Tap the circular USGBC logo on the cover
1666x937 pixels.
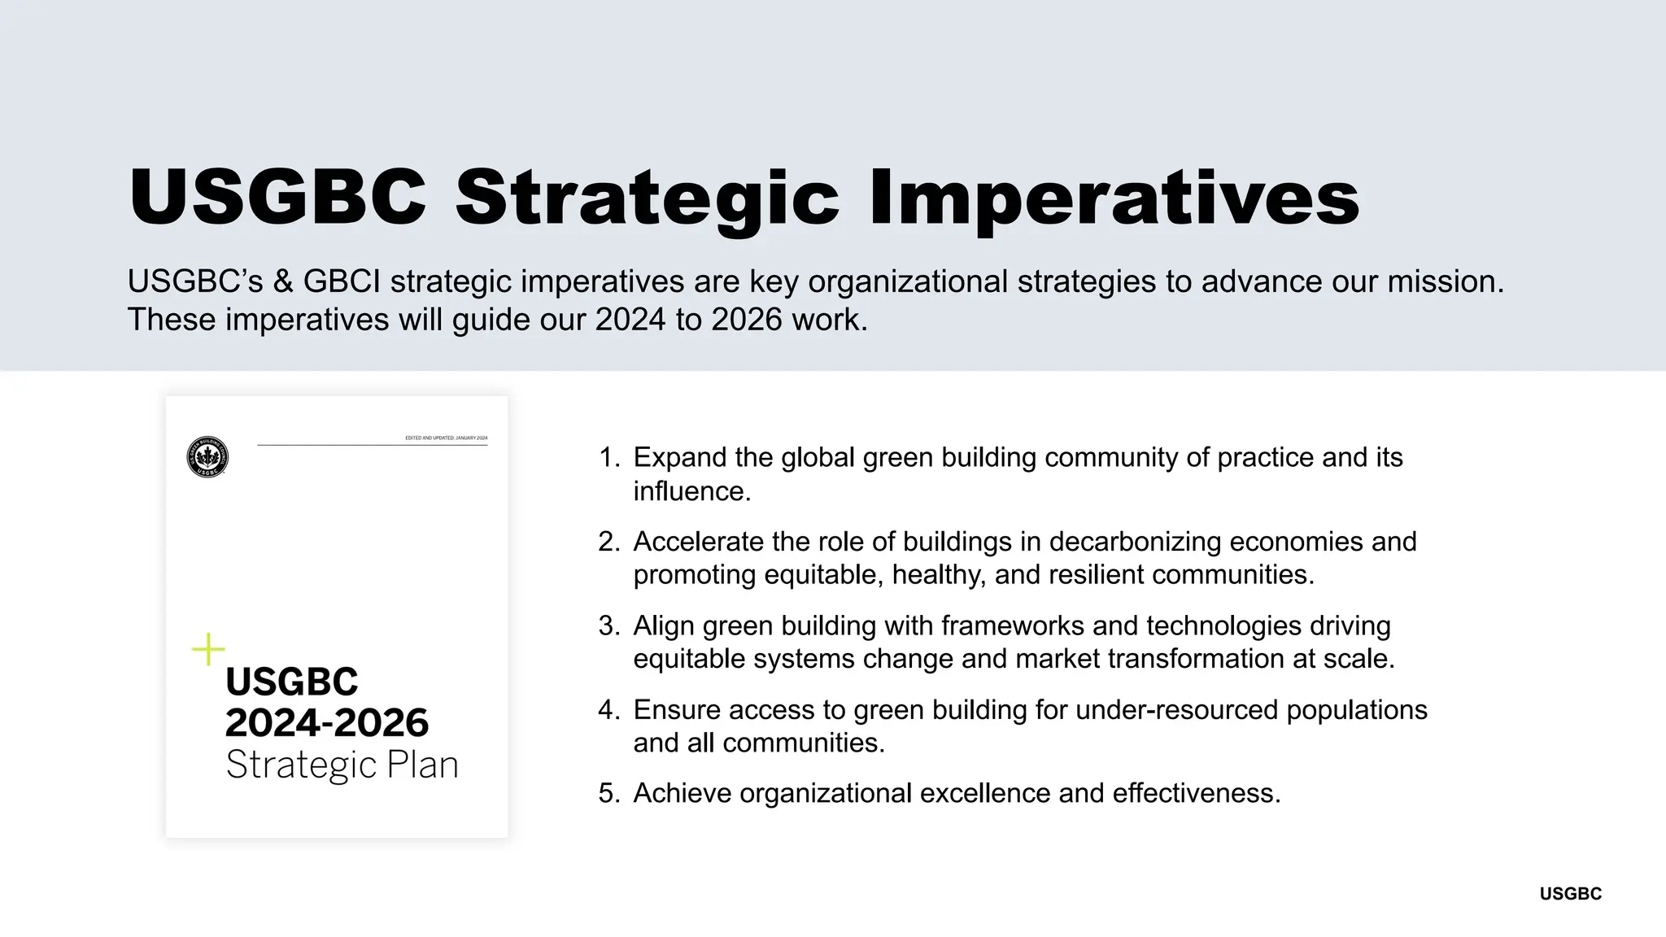[x=207, y=457]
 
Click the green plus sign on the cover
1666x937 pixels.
[x=208, y=649]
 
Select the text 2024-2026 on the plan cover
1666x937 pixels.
[x=326, y=722]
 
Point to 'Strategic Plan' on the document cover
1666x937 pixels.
[x=342, y=765]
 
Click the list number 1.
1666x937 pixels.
[x=608, y=457]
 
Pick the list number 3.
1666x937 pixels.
[x=608, y=625]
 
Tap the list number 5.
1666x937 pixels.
[x=608, y=793]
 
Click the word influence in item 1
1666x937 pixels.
[x=690, y=491]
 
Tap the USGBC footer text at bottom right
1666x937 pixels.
[x=1570, y=894]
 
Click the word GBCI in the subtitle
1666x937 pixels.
[x=342, y=281]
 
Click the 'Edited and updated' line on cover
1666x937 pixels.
[x=446, y=438]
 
